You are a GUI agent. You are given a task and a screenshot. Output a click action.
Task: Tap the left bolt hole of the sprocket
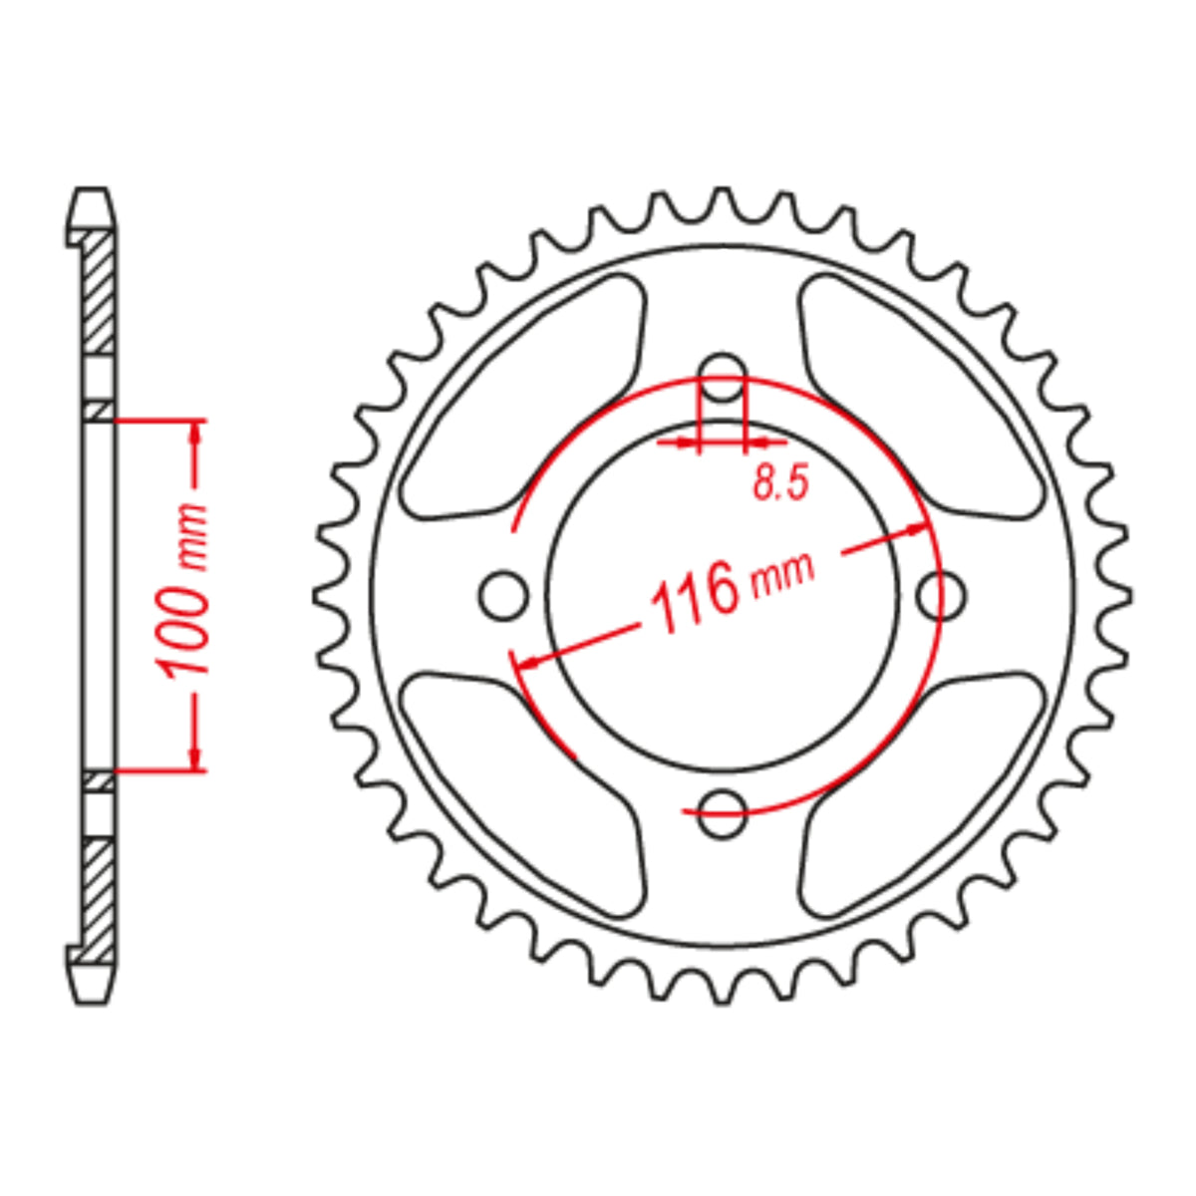click(503, 595)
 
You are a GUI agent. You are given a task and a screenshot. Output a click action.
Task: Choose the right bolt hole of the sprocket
click(941, 595)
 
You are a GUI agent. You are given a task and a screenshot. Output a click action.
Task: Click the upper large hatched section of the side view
click(98, 294)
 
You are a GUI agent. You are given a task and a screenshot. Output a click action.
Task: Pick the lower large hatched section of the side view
click(98, 892)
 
